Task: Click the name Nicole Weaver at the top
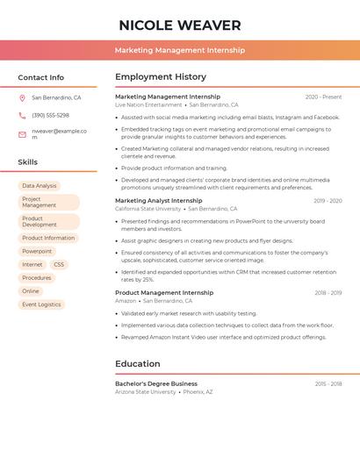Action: (x=179, y=25)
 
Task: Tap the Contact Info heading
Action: (x=40, y=77)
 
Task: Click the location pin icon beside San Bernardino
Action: (x=22, y=98)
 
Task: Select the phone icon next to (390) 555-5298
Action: (x=22, y=115)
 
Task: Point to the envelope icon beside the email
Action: (x=22, y=133)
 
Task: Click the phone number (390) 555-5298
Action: (x=50, y=115)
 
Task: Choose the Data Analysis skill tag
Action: (x=40, y=186)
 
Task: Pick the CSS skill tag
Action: (x=59, y=264)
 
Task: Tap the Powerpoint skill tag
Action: (x=37, y=251)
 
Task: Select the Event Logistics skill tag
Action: (x=41, y=304)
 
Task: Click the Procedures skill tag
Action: (x=36, y=277)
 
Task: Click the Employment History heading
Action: (x=161, y=77)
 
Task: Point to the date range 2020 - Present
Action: (x=323, y=97)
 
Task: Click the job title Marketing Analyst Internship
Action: (x=158, y=200)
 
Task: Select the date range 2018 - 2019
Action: (x=328, y=293)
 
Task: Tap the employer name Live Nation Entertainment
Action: (x=148, y=104)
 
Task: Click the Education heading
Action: (x=138, y=364)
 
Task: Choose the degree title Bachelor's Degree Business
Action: (x=156, y=383)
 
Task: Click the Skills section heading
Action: (x=28, y=162)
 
